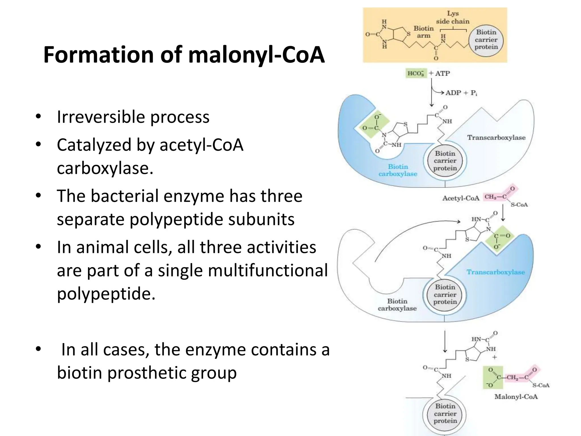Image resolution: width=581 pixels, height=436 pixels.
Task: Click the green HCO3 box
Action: point(416,74)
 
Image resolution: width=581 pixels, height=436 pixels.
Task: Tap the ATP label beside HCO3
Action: point(442,74)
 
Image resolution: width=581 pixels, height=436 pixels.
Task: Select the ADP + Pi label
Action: point(461,93)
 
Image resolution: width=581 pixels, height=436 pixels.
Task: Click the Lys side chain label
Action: point(452,17)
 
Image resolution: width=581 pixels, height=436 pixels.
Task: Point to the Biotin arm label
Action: point(424,32)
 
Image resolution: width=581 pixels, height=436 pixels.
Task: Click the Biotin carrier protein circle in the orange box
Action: point(486,40)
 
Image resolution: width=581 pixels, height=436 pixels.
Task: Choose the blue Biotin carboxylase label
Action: point(398,170)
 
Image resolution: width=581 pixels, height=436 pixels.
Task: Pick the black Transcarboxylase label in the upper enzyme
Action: point(496,138)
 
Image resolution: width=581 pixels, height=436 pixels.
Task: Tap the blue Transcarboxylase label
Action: point(496,272)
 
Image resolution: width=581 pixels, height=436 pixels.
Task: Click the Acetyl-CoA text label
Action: point(461,198)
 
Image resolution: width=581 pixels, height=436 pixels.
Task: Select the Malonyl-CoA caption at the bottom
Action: point(516,397)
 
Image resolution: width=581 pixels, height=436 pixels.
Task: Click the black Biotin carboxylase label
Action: point(397,305)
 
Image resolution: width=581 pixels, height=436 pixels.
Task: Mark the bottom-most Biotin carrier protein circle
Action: point(445,414)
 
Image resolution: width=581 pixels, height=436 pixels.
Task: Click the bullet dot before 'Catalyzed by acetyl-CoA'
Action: point(38,144)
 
